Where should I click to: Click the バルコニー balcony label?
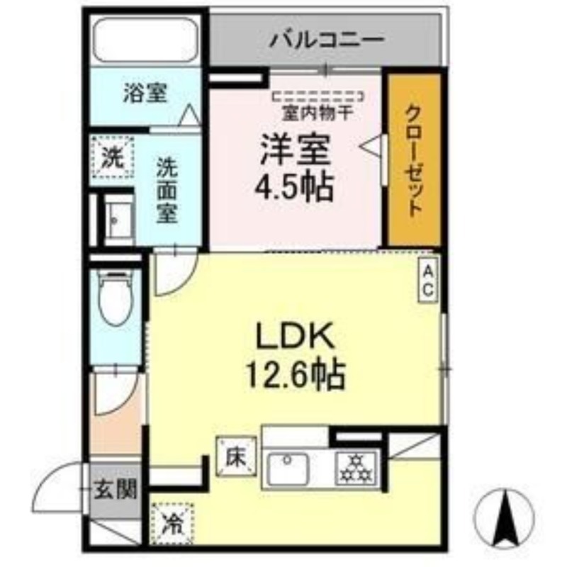pyautogui.click(x=327, y=40)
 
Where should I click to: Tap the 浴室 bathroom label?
pyautogui.click(x=145, y=93)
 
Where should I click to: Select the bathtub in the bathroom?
pyautogui.click(x=145, y=41)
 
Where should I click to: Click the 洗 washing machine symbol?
pyautogui.click(x=112, y=157)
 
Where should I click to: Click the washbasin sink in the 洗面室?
pyautogui.click(x=118, y=219)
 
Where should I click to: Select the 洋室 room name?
pyautogui.click(x=296, y=150)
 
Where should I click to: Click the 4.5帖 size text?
pyautogui.click(x=294, y=187)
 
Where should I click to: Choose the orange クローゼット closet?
pyautogui.click(x=415, y=159)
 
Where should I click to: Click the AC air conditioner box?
pyautogui.click(x=428, y=279)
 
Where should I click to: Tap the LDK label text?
pyautogui.click(x=294, y=336)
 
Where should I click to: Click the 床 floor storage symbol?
pyautogui.click(x=237, y=457)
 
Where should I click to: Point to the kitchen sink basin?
pyautogui.click(x=288, y=469)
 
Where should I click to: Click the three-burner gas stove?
pyautogui.click(x=357, y=468)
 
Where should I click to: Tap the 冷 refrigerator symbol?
pyautogui.click(x=172, y=523)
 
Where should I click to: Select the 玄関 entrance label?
pyautogui.click(x=116, y=491)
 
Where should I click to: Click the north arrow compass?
pyautogui.click(x=505, y=517)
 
